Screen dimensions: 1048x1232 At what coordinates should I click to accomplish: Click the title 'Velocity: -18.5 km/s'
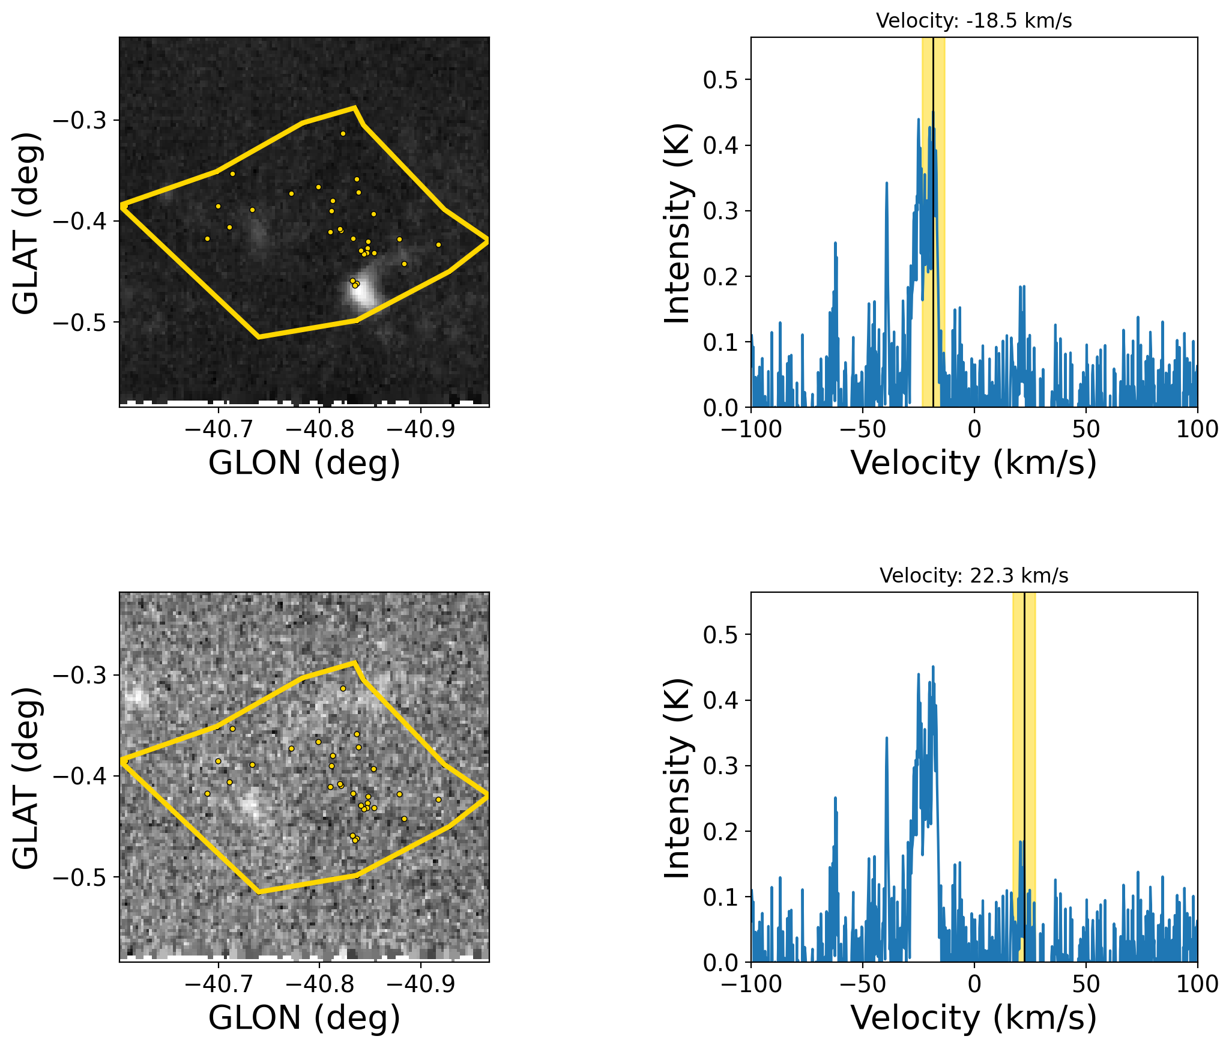tap(973, 21)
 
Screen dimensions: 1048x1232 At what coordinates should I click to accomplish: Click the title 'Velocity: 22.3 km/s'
tap(973, 576)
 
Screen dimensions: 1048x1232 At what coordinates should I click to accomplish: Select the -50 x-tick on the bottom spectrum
tap(863, 984)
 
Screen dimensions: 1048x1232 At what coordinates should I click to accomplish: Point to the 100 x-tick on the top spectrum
tap(1197, 429)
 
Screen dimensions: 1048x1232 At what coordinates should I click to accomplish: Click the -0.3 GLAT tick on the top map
tap(80, 120)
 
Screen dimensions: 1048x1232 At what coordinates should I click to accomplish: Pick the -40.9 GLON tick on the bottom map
tap(420, 984)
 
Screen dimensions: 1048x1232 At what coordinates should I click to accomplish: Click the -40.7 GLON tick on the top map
tap(219, 429)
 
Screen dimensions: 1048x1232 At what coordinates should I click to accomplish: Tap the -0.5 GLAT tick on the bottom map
tap(80, 877)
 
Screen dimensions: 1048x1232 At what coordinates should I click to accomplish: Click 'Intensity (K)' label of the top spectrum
tap(677, 223)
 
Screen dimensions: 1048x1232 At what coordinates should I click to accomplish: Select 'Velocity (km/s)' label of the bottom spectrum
tap(973, 1018)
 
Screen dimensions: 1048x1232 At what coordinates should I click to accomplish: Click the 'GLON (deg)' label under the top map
tap(304, 463)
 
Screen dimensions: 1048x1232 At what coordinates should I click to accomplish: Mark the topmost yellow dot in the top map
tap(343, 133)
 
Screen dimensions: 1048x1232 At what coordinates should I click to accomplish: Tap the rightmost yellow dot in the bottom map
tap(438, 799)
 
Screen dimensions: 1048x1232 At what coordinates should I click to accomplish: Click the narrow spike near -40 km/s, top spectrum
tap(886, 184)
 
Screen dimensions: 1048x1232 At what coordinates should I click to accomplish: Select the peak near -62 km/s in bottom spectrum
tap(835, 799)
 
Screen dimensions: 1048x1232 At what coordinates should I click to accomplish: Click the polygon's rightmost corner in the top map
tap(487, 240)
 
